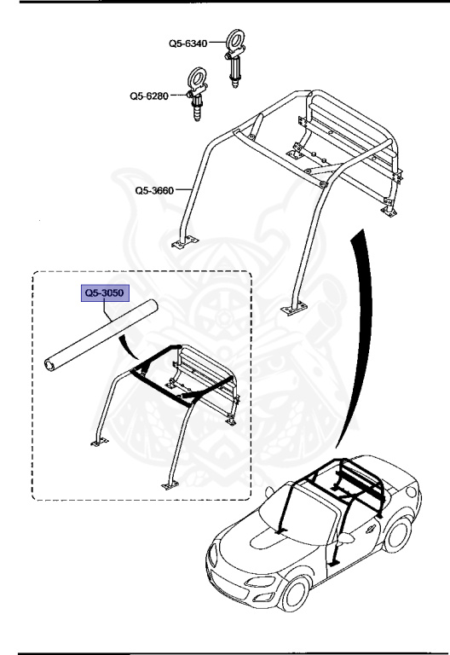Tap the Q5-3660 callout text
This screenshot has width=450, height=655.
(x=155, y=191)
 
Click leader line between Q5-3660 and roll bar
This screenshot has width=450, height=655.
(x=186, y=191)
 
